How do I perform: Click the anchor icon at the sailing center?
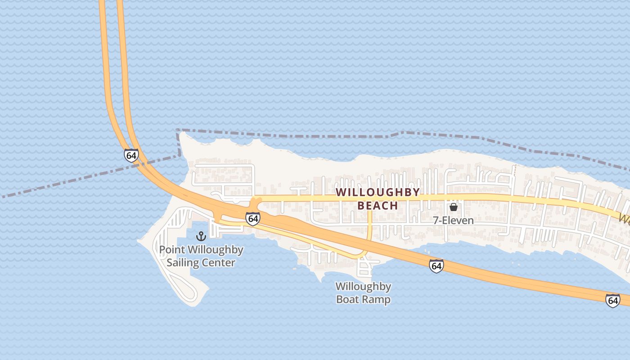click(x=201, y=236)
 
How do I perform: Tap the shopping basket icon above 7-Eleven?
click(x=454, y=207)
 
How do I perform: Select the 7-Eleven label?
click(x=454, y=220)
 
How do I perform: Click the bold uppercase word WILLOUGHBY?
click(x=378, y=192)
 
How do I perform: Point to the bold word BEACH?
click(x=378, y=206)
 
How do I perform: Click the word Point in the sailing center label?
click(x=171, y=250)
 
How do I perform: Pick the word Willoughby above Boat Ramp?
click(x=363, y=287)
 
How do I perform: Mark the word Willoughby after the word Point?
click(x=215, y=250)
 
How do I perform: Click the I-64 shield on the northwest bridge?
click(x=131, y=156)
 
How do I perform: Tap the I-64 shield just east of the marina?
click(x=253, y=219)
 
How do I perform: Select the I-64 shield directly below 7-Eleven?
click(x=436, y=266)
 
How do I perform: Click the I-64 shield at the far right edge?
click(x=612, y=300)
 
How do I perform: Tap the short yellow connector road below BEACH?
click(x=369, y=225)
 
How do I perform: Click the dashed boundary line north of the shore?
click(x=315, y=136)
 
